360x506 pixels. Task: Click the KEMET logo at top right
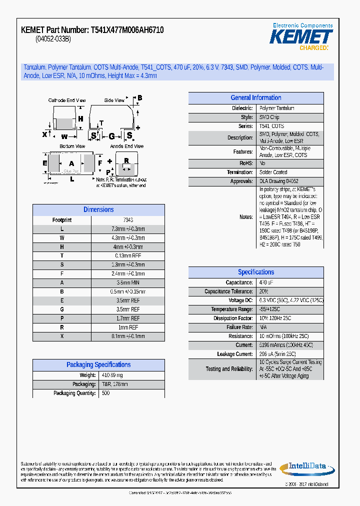tap(301, 36)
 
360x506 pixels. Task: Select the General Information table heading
tap(255, 98)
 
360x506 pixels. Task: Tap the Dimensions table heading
tap(98, 210)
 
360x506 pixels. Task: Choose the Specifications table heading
tap(255, 272)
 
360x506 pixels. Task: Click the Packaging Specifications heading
tap(98, 365)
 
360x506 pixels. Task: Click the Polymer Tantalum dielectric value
tap(276, 108)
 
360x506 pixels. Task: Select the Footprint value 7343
tap(128, 220)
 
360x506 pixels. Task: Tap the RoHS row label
tap(246, 163)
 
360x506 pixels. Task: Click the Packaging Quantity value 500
tap(105, 393)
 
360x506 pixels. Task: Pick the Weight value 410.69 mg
tap(112, 375)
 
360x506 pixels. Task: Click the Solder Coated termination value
tap(273, 172)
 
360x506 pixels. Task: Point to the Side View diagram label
tap(114, 100)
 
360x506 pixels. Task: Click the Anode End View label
tap(126, 146)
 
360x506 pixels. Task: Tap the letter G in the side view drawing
tap(111, 136)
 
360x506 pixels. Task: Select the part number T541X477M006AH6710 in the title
tap(127, 30)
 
